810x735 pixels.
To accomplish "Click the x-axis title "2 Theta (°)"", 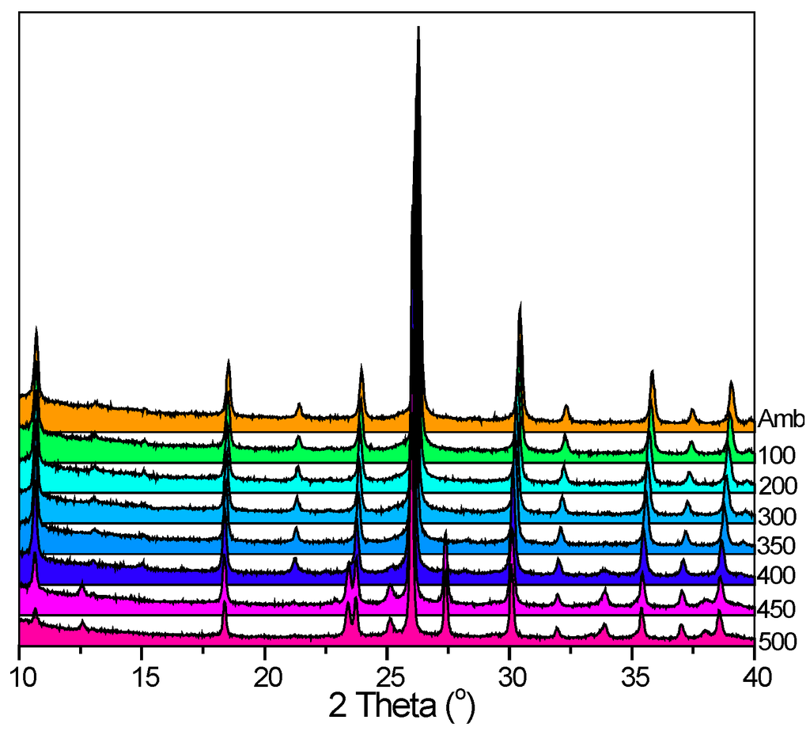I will [402, 704].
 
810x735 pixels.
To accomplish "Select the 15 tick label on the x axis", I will [142, 676].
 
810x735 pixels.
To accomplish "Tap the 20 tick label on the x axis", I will [265, 676].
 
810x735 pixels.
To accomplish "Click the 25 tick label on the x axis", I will [388, 676].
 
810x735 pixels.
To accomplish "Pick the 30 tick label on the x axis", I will [510, 676].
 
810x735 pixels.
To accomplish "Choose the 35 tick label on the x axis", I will [633, 676].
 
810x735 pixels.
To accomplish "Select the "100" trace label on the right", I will [776, 456].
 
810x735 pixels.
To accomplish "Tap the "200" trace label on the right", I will [776, 486].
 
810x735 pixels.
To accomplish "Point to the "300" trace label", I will [776, 517].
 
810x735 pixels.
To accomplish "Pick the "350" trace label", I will [776, 547].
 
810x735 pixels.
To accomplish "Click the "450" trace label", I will [776, 610].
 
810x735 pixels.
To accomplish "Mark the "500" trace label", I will [776, 641].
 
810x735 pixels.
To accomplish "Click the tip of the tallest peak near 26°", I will [418, 27].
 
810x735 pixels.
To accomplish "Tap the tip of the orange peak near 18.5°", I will [229, 360].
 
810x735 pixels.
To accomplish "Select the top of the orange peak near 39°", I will [731, 381].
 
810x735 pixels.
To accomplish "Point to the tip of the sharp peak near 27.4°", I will [446, 532].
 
